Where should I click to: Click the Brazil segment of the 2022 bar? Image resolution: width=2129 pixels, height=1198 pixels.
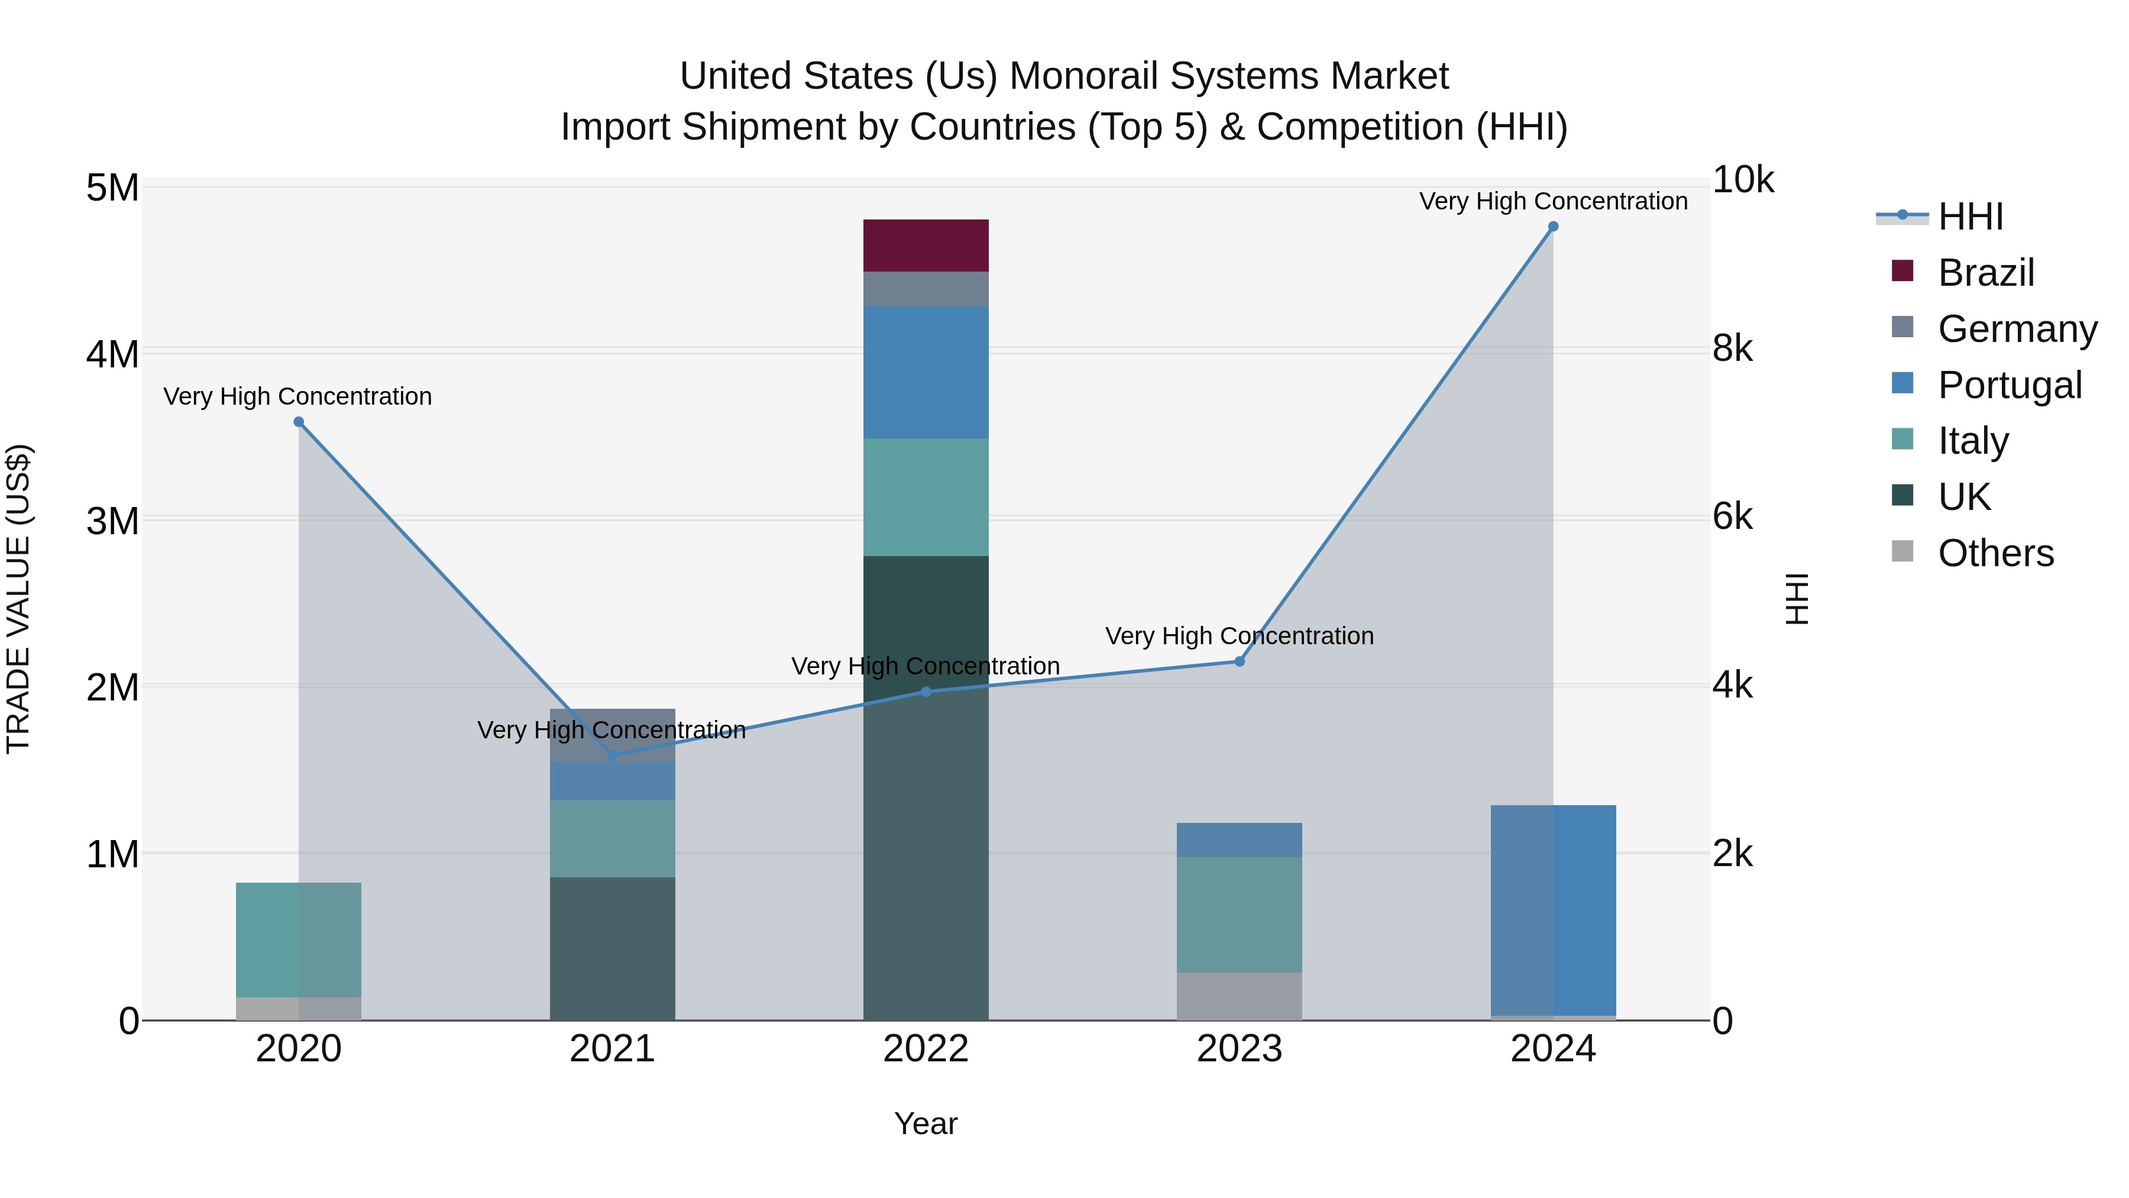[926, 246]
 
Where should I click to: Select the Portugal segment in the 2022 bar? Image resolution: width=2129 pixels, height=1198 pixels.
[926, 372]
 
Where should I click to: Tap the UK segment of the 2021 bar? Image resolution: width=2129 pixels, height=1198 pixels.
[613, 948]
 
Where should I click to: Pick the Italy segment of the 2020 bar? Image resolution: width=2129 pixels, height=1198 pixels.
[299, 939]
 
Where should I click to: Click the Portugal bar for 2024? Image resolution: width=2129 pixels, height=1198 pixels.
[1553, 909]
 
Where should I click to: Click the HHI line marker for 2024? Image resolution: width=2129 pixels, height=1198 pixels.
[1553, 227]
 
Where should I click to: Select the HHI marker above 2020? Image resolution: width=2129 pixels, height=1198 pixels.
[299, 422]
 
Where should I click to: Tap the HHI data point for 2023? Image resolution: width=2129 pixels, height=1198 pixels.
[1239, 661]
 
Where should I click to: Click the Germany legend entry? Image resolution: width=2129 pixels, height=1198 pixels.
[2017, 329]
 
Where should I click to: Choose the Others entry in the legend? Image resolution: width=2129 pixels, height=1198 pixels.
[1995, 553]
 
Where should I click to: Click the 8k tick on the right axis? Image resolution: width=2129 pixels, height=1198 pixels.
[1732, 349]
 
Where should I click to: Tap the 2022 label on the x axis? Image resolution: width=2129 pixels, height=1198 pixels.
[926, 1049]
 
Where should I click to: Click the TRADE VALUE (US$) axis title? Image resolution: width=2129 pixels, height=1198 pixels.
[18, 599]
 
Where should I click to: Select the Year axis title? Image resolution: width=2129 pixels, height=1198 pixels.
[926, 1123]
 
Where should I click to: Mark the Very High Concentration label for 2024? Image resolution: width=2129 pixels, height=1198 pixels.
[1553, 201]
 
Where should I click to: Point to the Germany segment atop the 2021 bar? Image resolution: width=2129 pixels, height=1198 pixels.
[613, 734]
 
